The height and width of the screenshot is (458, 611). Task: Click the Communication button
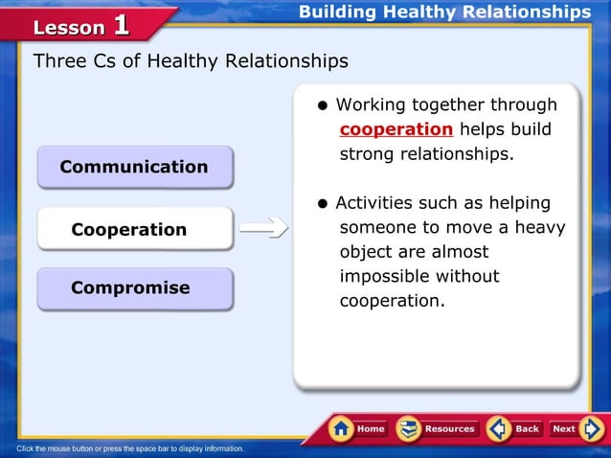click(x=134, y=167)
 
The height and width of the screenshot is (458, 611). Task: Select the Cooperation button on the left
click(x=134, y=230)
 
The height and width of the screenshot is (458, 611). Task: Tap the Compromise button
click(x=134, y=288)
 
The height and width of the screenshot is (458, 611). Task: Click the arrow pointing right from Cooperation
click(x=263, y=228)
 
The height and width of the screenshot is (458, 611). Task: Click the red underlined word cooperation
click(x=396, y=129)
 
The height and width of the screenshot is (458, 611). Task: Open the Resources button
click(x=437, y=428)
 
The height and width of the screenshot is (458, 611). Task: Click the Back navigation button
click(x=514, y=428)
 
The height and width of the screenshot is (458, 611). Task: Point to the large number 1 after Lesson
click(x=122, y=25)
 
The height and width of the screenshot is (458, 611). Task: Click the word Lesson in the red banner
click(x=69, y=28)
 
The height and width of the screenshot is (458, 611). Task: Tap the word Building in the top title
click(x=338, y=12)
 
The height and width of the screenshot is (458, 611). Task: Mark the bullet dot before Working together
click(x=325, y=104)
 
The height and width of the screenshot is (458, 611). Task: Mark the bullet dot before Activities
click(x=325, y=204)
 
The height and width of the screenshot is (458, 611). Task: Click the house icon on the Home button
click(x=341, y=428)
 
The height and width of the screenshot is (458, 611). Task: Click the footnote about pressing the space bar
click(x=130, y=448)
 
